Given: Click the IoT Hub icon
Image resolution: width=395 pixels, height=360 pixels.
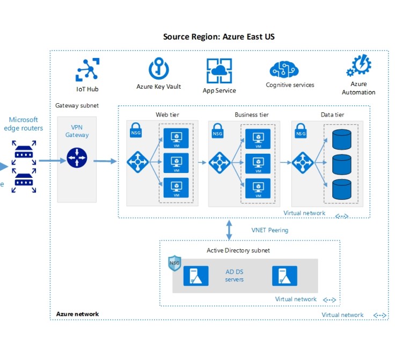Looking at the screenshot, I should [87, 70].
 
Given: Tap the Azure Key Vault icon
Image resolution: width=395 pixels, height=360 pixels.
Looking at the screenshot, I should [159, 69].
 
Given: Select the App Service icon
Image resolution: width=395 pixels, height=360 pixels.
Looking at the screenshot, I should [219, 71].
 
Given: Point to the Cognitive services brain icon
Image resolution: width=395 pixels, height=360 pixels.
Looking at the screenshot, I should [284, 70].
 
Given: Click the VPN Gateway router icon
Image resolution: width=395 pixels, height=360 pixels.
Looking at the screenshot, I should [77, 159].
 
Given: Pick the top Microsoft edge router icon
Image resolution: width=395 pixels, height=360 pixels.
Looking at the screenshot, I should [24, 152].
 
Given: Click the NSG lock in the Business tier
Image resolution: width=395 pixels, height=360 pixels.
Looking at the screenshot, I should [217, 131].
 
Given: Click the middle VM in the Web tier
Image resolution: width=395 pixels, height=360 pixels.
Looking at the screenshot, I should [175, 161].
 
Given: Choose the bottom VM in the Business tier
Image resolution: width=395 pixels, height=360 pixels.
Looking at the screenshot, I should [258, 188].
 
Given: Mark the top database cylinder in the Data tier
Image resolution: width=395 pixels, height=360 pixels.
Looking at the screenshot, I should [341, 139].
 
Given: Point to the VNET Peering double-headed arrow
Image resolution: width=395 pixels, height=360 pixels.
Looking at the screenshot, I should [230, 229].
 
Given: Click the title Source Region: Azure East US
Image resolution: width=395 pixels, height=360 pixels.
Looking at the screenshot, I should [219, 37].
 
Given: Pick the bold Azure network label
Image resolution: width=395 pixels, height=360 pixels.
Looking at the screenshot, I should [77, 314].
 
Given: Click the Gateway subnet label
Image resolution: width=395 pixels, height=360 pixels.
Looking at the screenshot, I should [77, 105].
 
